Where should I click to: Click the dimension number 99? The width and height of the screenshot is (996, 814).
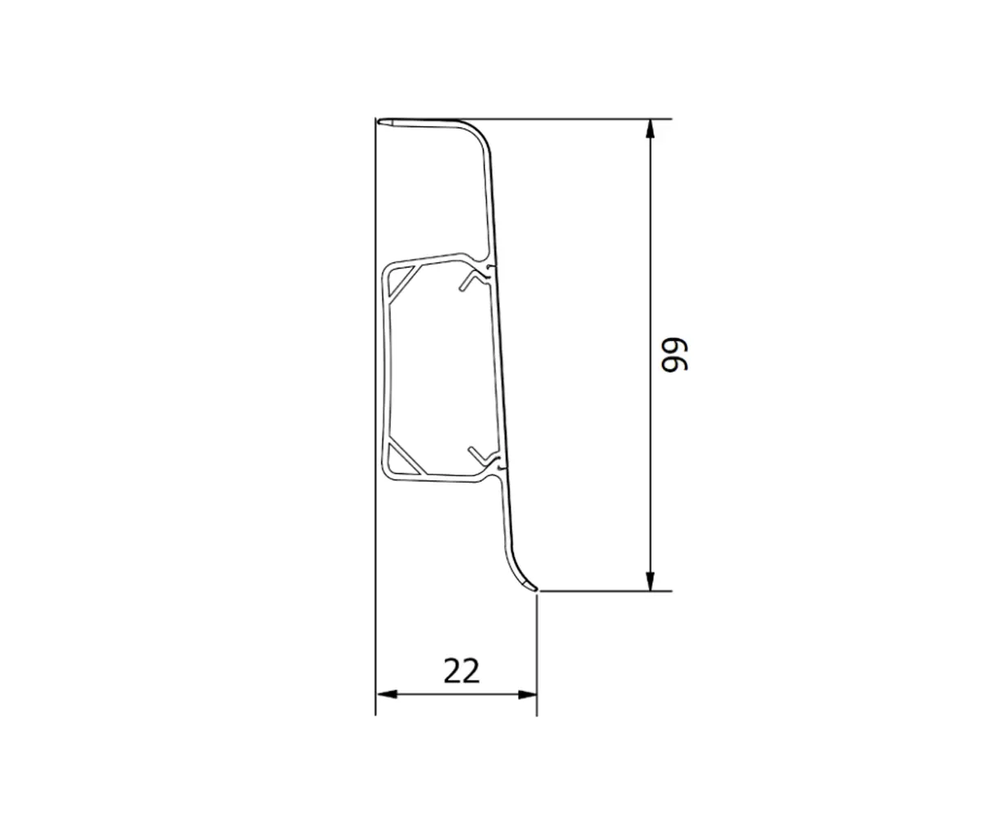click(674, 355)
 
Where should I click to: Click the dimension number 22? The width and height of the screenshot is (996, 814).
click(462, 671)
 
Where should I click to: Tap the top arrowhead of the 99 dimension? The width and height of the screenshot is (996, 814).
click(650, 129)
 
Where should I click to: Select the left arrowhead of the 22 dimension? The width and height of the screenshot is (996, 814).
click(386, 694)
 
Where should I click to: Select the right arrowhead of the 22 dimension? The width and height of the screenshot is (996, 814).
click(527, 694)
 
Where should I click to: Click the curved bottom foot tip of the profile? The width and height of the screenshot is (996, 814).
click(532, 586)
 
